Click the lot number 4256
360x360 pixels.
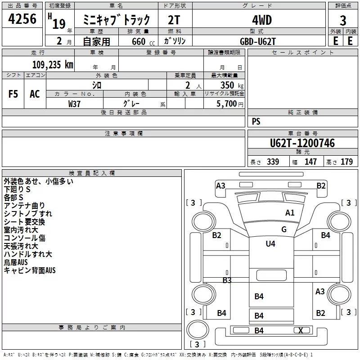coord(22,19)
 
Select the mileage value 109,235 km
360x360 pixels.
coord(53,65)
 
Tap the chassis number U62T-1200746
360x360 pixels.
coord(302,143)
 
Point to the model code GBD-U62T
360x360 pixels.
coord(257,41)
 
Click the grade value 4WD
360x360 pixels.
coord(262,20)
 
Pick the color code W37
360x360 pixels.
coord(74,104)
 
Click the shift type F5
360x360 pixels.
coord(13,94)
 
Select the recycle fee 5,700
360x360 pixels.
coord(226,103)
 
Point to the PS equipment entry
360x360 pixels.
coord(256,121)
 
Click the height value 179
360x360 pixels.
coord(346,162)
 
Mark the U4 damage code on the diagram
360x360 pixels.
coord(270,243)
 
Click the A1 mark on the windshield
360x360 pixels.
coord(290,213)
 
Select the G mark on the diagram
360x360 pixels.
coord(284,229)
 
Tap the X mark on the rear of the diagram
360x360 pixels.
coord(301,330)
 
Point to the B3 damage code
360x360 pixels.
coord(227,280)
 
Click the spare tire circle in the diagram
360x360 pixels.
coord(198,330)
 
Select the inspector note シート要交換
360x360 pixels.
coord(24,222)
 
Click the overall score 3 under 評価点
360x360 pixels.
coord(343,21)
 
